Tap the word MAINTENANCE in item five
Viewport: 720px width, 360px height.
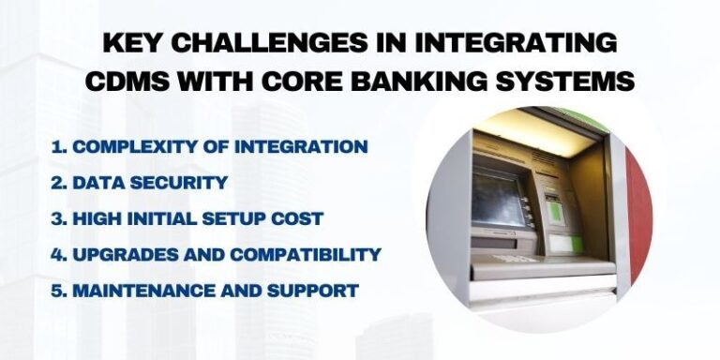tap(143, 291)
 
